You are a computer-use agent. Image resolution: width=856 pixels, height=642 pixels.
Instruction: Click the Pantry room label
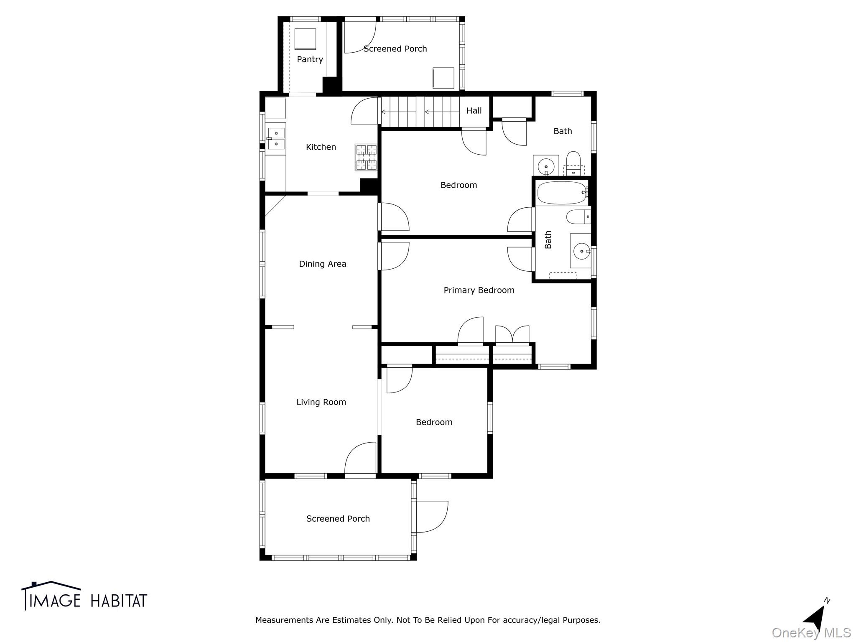coord(310,59)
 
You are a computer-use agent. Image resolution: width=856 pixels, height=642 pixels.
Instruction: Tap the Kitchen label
coord(321,147)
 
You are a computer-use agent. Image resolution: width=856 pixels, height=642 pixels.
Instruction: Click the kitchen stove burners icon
coord(366,157)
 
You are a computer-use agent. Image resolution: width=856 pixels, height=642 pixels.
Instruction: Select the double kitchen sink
coord(276,138)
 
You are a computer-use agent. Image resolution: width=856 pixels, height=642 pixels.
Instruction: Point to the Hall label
coord(474,111)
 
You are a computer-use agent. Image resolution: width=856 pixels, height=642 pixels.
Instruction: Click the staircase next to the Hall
coord(420,112)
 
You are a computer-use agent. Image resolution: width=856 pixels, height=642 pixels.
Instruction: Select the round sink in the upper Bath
coord(546,166)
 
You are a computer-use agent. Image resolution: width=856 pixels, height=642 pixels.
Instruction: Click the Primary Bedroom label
coord(479,290)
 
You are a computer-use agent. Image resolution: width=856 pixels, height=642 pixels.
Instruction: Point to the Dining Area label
coord(322,264)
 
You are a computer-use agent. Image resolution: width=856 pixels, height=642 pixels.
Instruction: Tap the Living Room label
coord(321,402)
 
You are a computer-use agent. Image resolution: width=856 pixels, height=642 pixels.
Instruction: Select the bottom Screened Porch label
coord(338,519)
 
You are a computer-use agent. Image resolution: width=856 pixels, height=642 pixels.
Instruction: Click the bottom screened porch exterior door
coord(431,517)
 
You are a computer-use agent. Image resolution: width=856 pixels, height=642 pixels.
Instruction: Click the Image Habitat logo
coord(84,596)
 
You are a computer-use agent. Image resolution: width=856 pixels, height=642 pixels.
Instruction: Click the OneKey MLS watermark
coord(811,633)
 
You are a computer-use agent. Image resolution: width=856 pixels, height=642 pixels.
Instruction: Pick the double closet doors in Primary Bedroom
coord(512,334)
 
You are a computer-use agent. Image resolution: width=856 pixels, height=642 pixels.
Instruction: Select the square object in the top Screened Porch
coord(443,78)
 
